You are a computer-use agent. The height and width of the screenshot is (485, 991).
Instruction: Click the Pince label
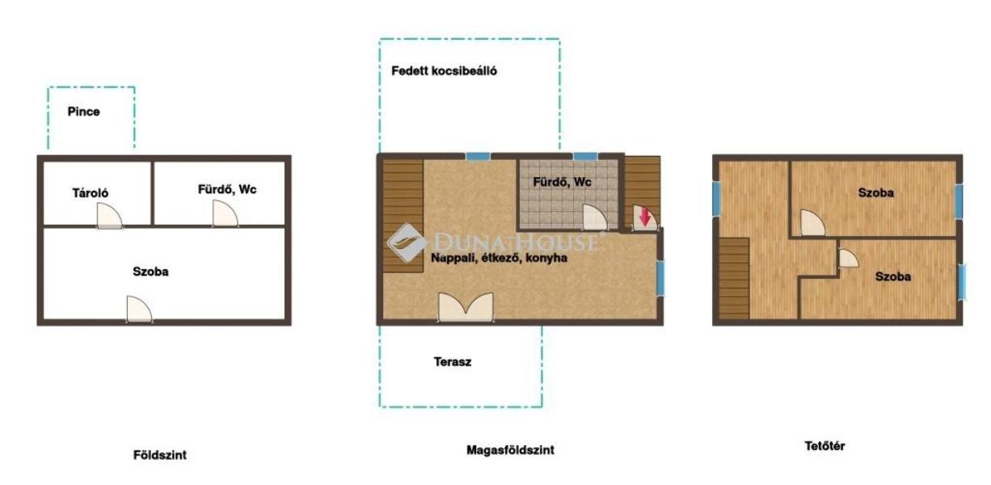[83, 112]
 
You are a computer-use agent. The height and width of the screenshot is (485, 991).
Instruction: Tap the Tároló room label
[91, 193]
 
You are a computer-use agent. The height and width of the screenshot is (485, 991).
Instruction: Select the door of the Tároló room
[109, 216]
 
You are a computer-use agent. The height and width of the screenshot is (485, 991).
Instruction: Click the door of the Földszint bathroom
[226, 213]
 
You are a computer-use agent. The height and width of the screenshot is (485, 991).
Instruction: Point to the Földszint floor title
[160, 455]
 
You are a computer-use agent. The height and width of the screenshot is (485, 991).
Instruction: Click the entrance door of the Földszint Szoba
[139, 309]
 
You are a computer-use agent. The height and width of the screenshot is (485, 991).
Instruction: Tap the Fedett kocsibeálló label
[444, 71]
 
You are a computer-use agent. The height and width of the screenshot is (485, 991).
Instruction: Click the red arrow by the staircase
[644, 217]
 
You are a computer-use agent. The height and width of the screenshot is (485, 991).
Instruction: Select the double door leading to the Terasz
[466, 307]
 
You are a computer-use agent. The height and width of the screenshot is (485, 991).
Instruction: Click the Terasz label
[452, 362]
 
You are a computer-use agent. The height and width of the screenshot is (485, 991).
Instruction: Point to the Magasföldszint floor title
[510, 450]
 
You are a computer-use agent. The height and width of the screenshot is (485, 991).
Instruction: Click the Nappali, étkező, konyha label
[499, 258]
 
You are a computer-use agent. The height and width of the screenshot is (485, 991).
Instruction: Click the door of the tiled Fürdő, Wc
[595, 217]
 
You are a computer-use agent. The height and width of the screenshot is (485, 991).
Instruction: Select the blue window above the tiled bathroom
[585, 156]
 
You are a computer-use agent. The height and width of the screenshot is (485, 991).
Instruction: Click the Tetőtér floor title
[824, 446]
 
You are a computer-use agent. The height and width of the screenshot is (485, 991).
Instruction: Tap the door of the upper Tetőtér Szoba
[813, 222]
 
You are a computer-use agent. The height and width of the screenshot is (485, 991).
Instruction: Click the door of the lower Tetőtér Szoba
[849, 259]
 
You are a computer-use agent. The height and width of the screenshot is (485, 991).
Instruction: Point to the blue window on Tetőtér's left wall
[716, 199]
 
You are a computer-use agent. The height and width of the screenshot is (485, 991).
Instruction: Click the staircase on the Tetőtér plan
[734, 279]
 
